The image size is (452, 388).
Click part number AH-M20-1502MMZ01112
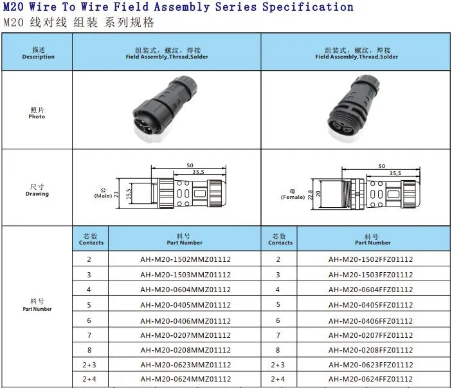coord(185,259)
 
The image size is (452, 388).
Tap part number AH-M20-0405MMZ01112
coord(185,305)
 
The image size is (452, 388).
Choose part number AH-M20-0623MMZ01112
coord(185,365)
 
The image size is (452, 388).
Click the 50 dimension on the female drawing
coord(382,166)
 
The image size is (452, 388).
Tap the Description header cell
coord(38,53)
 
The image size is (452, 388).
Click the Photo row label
coord(37,113)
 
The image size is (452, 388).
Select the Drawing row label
coord(37,190)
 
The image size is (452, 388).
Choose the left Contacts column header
coord(91,239)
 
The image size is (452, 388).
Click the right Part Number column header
coord(372,239)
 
